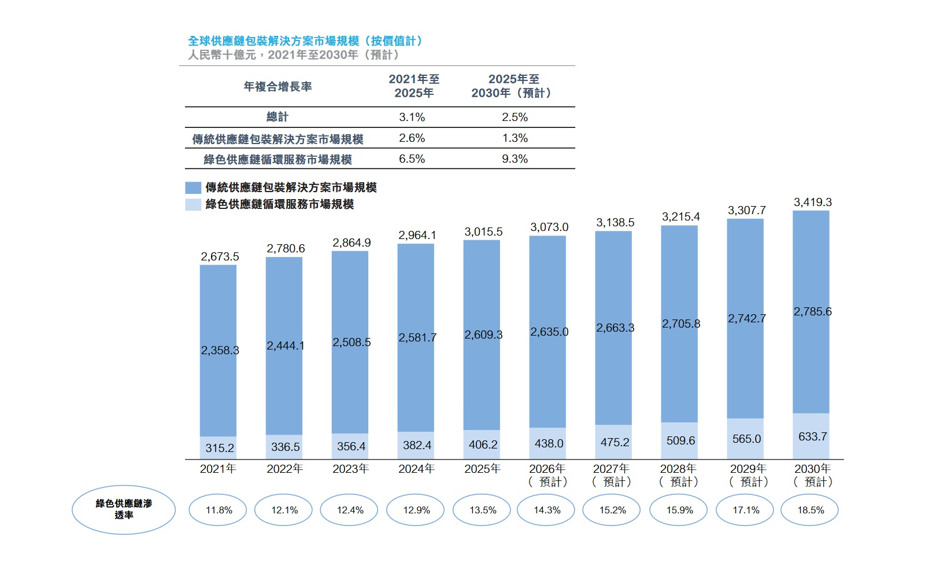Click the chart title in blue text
[x=306, y=41]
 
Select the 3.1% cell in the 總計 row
[x=412, y=117]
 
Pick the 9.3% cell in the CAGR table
[x=515, y=159]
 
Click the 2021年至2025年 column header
[x=414, y=86]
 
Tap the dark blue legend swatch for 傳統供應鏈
[x=193, y=188]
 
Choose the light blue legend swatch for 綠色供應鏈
[x=193, y=205]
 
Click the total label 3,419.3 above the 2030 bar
[x=813, y=202]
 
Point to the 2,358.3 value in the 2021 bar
[x=220, y=351]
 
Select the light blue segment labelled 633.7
[x=811, y=436]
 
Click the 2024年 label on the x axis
[x=416, y=469]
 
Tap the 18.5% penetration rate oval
[x=809, y=510]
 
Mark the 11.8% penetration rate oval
[x=217, y=510]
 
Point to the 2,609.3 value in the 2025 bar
[x=483, y=335]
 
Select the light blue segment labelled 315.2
[x=218, y=448]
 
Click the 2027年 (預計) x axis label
[x=612, y=475]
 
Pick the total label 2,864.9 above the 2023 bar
[x=351, y=242]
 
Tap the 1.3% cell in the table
[x=515, y=138]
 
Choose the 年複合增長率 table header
[x=277, y=86]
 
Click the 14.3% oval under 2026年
[x=546, y=510]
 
